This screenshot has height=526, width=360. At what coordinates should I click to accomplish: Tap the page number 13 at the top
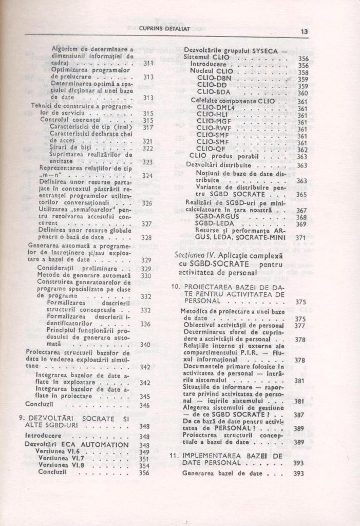click(304, 31)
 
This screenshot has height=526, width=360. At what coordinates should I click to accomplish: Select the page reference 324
click(147, 175)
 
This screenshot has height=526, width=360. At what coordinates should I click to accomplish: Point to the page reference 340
click(145, 344)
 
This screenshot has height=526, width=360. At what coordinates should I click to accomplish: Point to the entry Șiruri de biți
click(65, 148)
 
